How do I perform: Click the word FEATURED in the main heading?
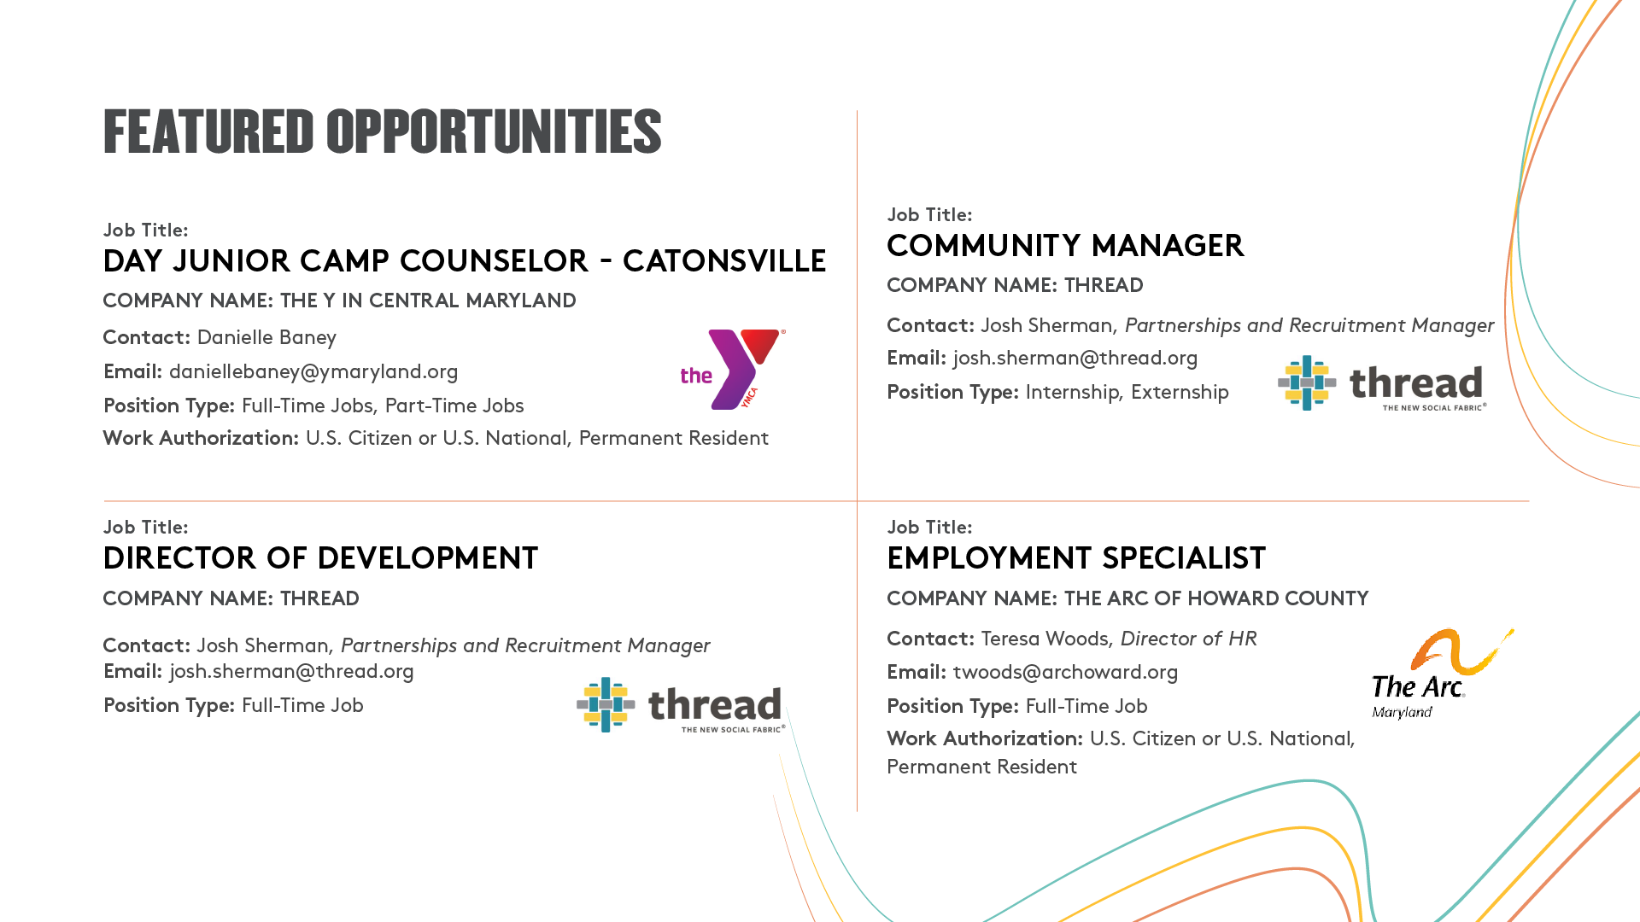208,131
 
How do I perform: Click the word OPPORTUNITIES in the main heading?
494,131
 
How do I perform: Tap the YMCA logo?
733,369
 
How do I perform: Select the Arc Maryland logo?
1442,674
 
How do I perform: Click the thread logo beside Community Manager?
1382,383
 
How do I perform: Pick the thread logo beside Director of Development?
681,705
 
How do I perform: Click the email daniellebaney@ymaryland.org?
313,372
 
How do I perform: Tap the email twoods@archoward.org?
1065,673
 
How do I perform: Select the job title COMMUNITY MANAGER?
1065,246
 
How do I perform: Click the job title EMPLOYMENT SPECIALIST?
1076,558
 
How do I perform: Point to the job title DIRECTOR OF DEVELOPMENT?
320,558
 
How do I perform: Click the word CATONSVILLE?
724,261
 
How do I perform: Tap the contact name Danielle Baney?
266,338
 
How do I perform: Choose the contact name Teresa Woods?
1045,639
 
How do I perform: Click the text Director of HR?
1188,639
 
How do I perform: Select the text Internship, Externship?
1127,393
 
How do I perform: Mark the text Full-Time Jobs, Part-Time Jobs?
383,406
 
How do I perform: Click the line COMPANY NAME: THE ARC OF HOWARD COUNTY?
1127,599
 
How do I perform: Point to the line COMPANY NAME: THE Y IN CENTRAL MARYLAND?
339,301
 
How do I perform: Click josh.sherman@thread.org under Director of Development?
291,672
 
